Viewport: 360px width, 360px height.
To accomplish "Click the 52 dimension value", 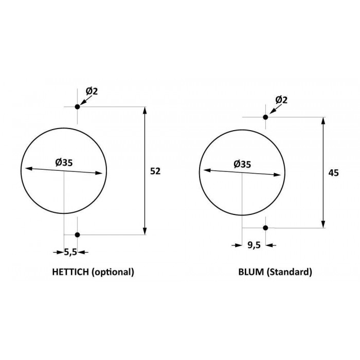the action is tap(155, 171).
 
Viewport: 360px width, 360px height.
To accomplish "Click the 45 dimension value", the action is tap(333, 173).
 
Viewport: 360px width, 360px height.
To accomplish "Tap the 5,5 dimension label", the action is tap(70, 252).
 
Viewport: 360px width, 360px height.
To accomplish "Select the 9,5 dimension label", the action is tap(254, 245).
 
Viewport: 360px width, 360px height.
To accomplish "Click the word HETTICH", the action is tap(70, 272).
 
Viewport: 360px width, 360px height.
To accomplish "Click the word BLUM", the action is tap(251, 272).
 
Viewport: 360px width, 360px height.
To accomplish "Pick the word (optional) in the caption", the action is tap(113, 272).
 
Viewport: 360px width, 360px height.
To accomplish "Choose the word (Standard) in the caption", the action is tap(289, 272).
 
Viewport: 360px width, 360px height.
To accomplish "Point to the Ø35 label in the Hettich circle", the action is tap(64, 163).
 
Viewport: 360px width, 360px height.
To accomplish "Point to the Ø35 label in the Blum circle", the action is tap(242, 164).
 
